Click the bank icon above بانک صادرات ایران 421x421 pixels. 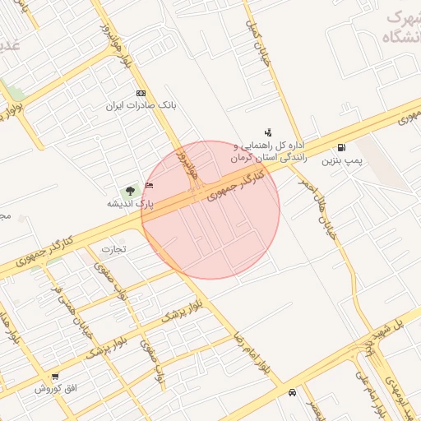(x=141, y=93)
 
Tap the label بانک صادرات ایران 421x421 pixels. (x=141, y=106)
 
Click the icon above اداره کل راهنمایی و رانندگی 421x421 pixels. (x=268, y=132)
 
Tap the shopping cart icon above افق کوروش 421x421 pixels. (x=55, y=376)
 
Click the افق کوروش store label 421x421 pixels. (x=55, y=388)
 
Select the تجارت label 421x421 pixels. (x=113, y=249)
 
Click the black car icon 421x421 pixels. (x=293, y=393)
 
